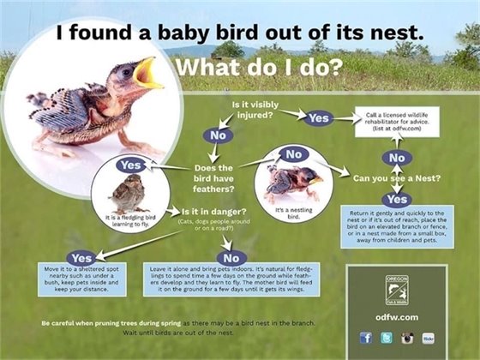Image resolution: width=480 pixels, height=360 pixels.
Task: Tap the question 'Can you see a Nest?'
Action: (x=396, y=178)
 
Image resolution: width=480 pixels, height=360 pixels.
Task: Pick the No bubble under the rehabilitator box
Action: (x=397, y=158)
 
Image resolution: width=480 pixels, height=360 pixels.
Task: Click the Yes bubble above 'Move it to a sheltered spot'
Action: (x=81, y=257)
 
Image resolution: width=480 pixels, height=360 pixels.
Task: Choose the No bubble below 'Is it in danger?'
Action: (x=229, y=257)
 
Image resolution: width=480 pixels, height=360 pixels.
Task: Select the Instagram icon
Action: (x=406, y=338)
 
